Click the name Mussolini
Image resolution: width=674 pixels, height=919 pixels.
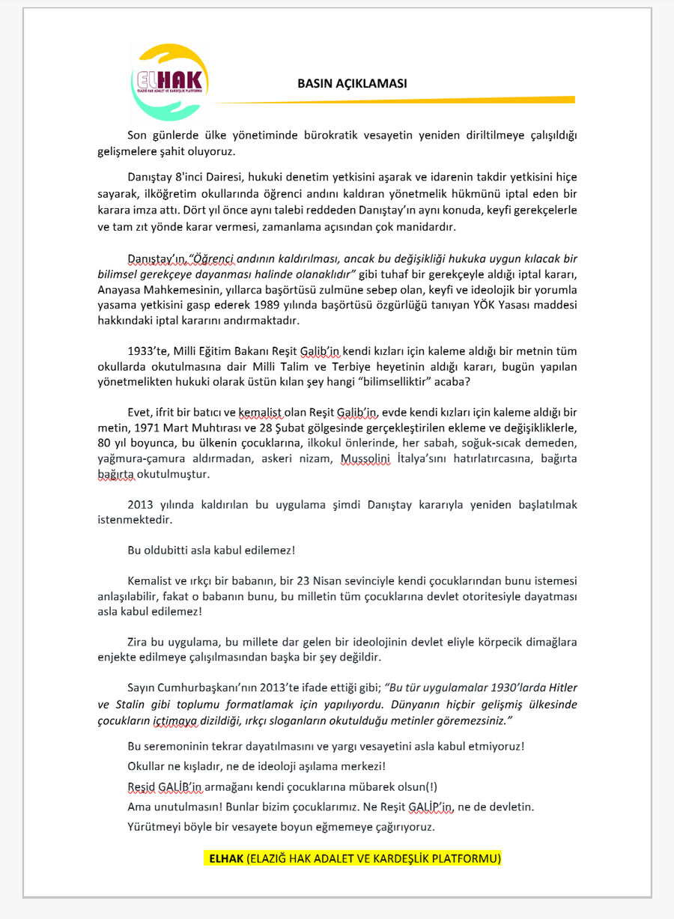pos(365,458)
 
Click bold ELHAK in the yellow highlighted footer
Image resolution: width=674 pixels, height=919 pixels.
pos(226,858)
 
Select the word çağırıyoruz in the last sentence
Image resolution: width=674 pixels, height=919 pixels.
pos(403,827)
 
